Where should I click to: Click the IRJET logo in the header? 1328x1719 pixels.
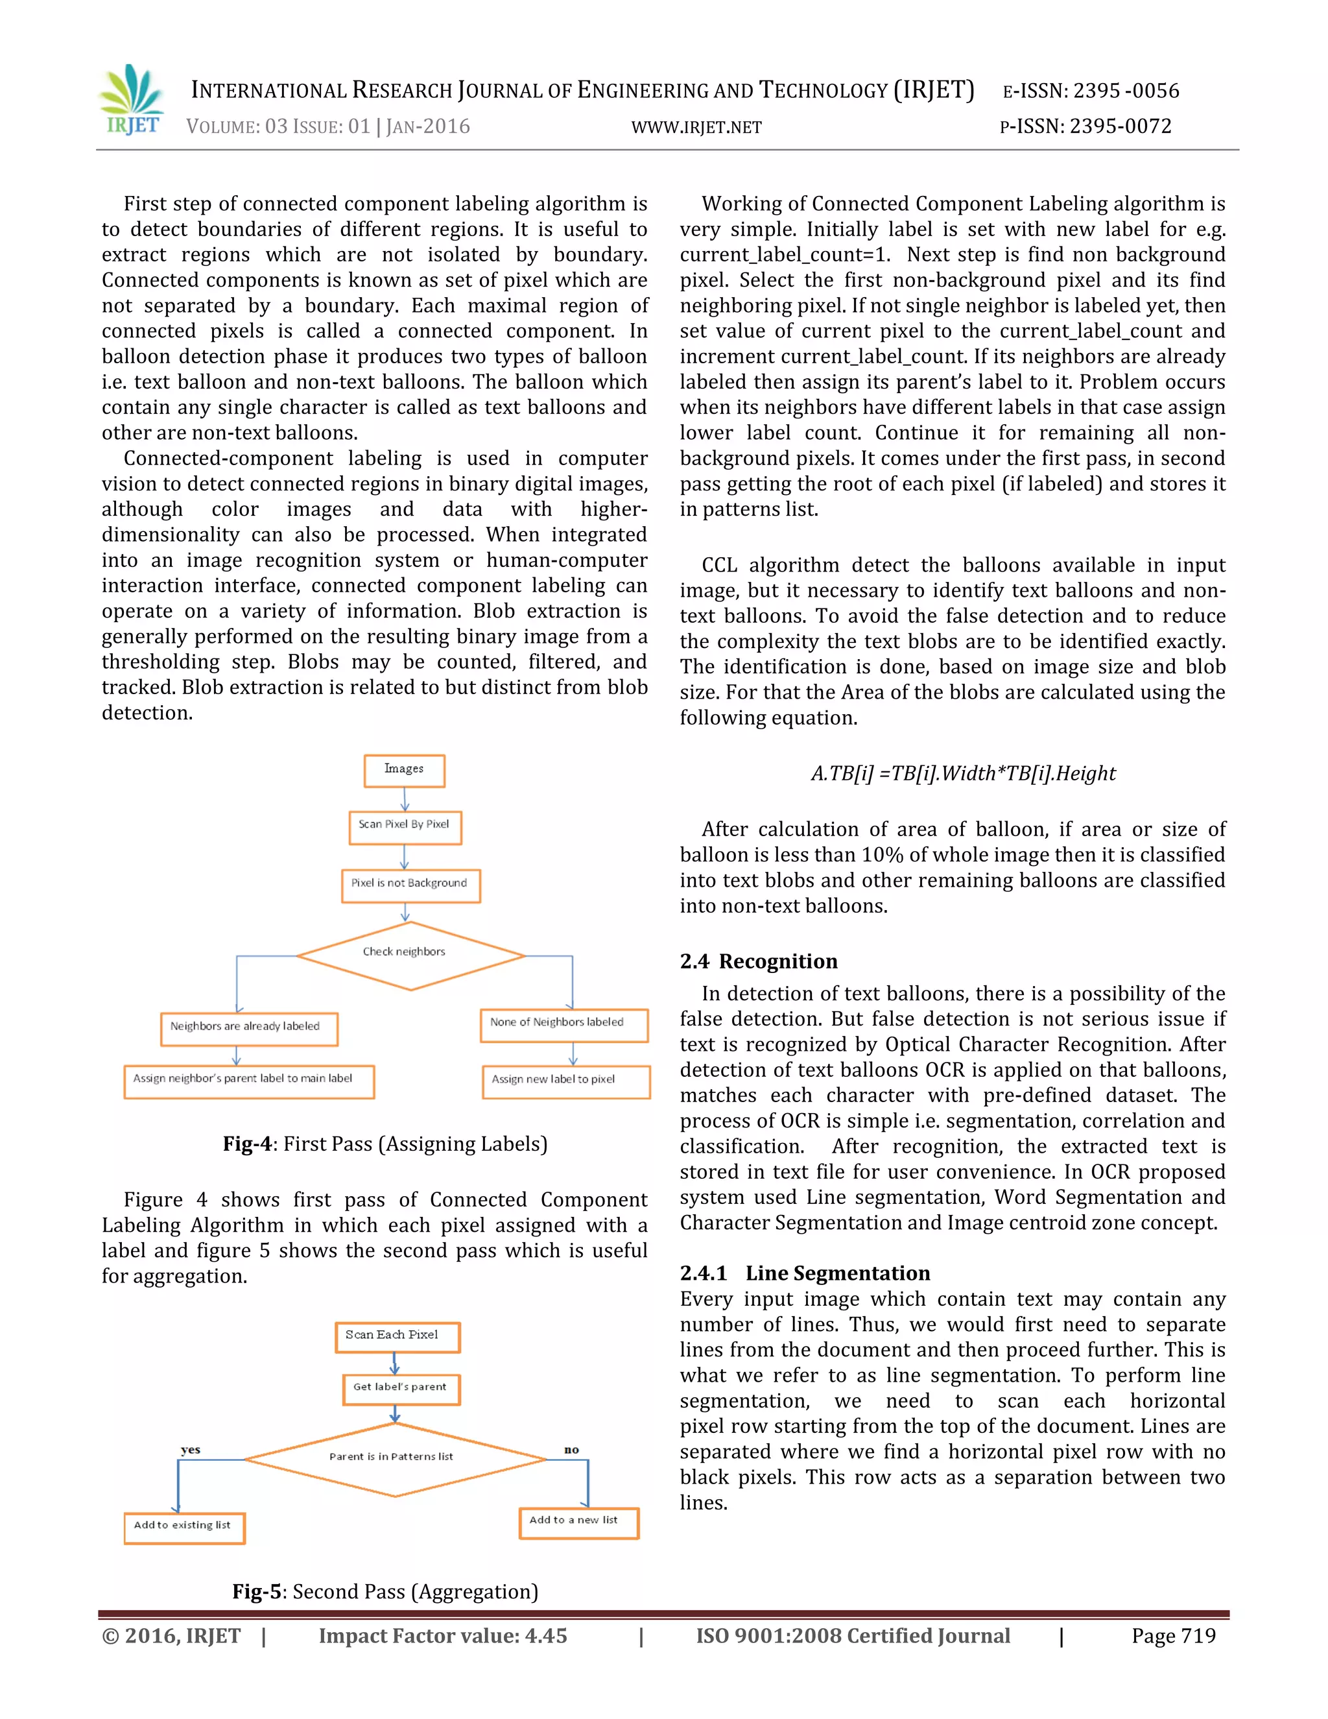[x=132, y=101]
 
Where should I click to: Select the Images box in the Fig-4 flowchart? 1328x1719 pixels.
[x=405, y=770]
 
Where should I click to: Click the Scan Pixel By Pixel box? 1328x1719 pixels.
[x=405, y=826]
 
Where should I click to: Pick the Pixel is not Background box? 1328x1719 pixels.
[x=410, y=885]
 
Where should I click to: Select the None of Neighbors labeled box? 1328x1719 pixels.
[x=563, y=1024]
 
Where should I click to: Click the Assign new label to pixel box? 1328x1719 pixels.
[x=565, y=1081]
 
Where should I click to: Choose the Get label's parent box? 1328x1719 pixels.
[x=401, y=1388]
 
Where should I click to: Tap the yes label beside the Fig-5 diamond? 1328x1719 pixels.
[x=191, y=1449]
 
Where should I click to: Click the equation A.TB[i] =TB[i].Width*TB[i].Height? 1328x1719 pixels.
[x=963, y=773]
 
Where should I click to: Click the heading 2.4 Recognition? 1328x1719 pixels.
[x=759, y=961]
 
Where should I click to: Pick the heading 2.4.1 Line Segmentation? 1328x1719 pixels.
[x=805, y=1273]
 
